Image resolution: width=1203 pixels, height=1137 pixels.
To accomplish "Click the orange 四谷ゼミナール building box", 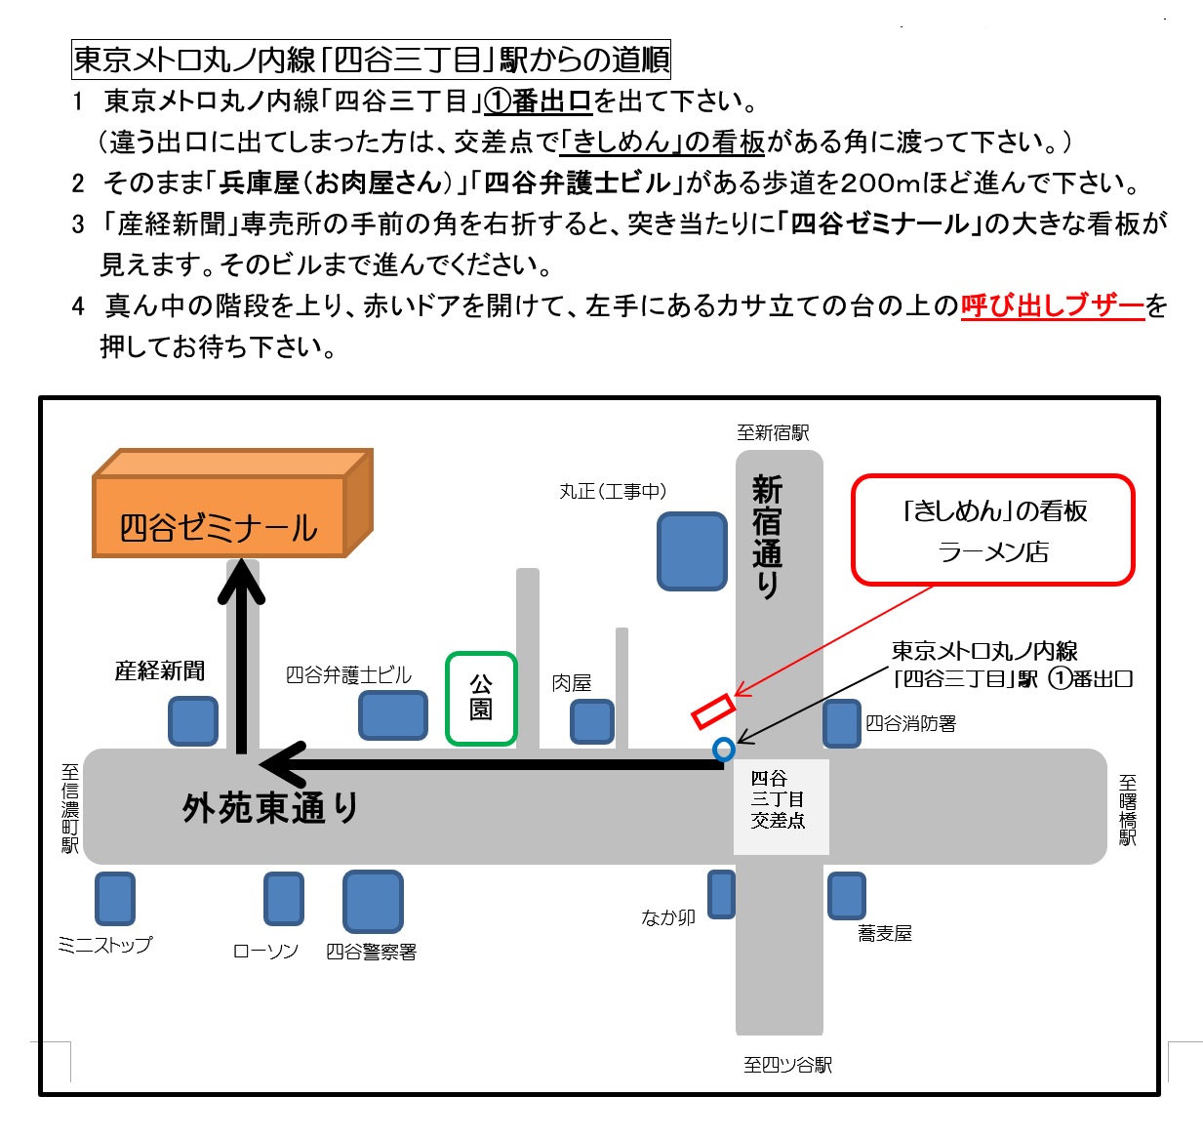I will (x=220, y=516).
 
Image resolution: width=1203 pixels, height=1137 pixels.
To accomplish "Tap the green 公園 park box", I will (x=481, y=698).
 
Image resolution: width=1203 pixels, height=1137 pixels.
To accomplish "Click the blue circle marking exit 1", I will (x=723, y=749).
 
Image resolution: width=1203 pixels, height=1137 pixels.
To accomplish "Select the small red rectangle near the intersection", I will (x=713, y=711).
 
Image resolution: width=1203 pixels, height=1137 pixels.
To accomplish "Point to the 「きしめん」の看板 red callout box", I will (x=993, y=530).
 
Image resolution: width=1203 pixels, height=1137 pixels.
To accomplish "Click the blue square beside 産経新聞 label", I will (x=193, y=721).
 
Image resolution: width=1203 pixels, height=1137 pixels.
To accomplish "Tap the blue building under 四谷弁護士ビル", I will (x=393, y=714).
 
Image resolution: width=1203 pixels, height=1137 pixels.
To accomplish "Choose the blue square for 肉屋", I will (x=592, y=722).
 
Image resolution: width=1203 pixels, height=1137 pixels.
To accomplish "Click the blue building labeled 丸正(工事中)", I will (x=692, y=550).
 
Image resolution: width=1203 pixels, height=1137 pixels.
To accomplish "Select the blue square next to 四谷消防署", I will (x=842, y=723).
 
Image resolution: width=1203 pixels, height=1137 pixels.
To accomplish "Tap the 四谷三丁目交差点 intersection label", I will (x=779, y=799).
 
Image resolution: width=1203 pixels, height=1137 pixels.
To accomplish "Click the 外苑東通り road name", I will (x=270, y=808).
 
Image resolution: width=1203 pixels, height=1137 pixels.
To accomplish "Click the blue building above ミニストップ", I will (x=115, y=898).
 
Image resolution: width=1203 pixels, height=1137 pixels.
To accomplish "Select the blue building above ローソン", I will (x=284, y=898).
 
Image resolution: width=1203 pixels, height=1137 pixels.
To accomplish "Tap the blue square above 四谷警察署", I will (x=373, y=901).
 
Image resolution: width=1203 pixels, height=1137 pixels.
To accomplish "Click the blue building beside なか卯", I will (x=721, y=894).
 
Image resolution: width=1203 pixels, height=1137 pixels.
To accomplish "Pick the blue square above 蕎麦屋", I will (x=846, y=896).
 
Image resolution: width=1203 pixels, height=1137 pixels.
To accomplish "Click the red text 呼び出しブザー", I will (x=1052, y=306).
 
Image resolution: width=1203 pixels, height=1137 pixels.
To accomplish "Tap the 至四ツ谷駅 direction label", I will (x=787, y=1065).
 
